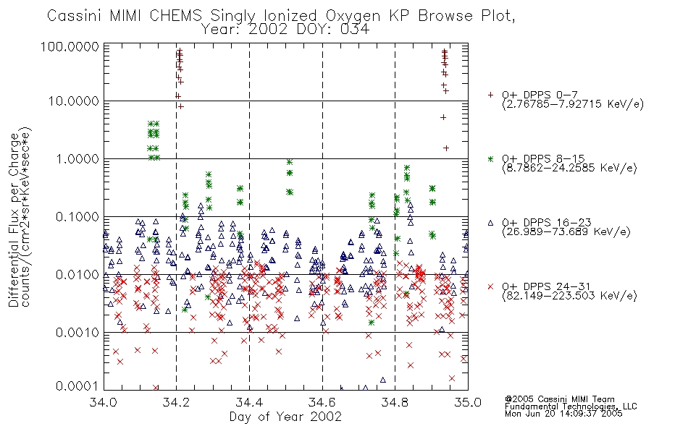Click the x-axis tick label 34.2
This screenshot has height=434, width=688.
(x=177, y=402)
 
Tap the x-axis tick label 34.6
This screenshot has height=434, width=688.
(x=322, y=402)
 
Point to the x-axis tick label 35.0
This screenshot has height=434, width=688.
(x=468, y=402)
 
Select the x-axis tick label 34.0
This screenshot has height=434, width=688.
(x=104, y=402)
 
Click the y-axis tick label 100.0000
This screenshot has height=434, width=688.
(x=70, y=46)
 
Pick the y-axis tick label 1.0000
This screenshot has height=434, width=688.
(x=77, y=158)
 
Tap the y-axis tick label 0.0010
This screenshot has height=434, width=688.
(x=77, y=332)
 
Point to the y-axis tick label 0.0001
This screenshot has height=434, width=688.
(x=77, y=386)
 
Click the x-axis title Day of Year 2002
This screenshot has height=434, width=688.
(x=285, y=417)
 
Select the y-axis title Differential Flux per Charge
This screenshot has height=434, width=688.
(x=14, y=220)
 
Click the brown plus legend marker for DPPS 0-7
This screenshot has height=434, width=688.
(x=490, y=95)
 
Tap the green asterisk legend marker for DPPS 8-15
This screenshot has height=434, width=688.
(x=490, y=158)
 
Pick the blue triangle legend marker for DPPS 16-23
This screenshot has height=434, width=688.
(x=490, y=223)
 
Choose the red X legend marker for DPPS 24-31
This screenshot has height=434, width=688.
(x=490, y=286)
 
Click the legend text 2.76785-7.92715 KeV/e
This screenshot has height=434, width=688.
(x=573, y=104)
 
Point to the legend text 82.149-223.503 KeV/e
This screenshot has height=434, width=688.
(x=569, y=296)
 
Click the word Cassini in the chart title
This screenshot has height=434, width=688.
(x=74, y=16)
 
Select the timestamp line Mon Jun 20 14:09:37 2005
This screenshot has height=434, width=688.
(x=563, y=414)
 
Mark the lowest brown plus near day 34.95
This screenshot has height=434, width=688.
(x=446, y=148)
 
